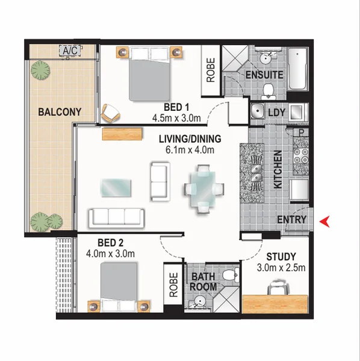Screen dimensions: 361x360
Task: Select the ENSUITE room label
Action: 264,75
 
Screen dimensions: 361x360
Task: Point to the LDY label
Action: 277,112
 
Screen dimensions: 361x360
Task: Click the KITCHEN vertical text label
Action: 278,171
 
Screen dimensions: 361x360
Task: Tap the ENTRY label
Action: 291,220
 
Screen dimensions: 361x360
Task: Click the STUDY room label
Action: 282,257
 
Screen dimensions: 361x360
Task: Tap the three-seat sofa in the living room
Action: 116,216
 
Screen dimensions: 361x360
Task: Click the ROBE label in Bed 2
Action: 173,286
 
